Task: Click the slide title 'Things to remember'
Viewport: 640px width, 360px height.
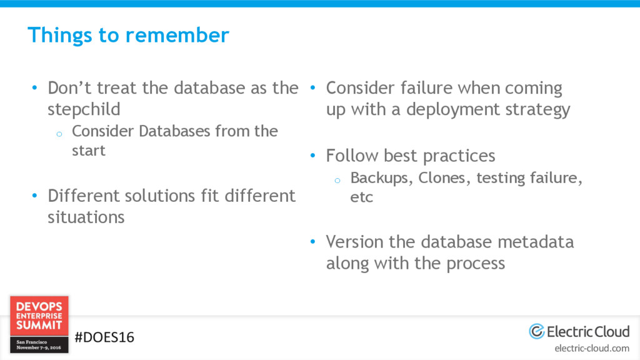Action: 128,35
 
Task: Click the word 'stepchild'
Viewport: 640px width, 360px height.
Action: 84,109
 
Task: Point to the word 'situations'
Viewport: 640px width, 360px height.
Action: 86,217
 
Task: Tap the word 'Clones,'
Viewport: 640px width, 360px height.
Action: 444,178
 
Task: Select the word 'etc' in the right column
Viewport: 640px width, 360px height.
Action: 361,197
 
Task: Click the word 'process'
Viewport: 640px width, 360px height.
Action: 475,263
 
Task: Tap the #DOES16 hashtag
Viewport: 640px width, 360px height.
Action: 104,337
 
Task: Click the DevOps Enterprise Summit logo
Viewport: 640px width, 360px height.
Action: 39,324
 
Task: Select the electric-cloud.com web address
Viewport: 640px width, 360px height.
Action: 592,348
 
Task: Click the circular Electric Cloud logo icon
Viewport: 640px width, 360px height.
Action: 536,331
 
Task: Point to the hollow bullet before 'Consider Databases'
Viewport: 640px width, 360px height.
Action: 57,133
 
